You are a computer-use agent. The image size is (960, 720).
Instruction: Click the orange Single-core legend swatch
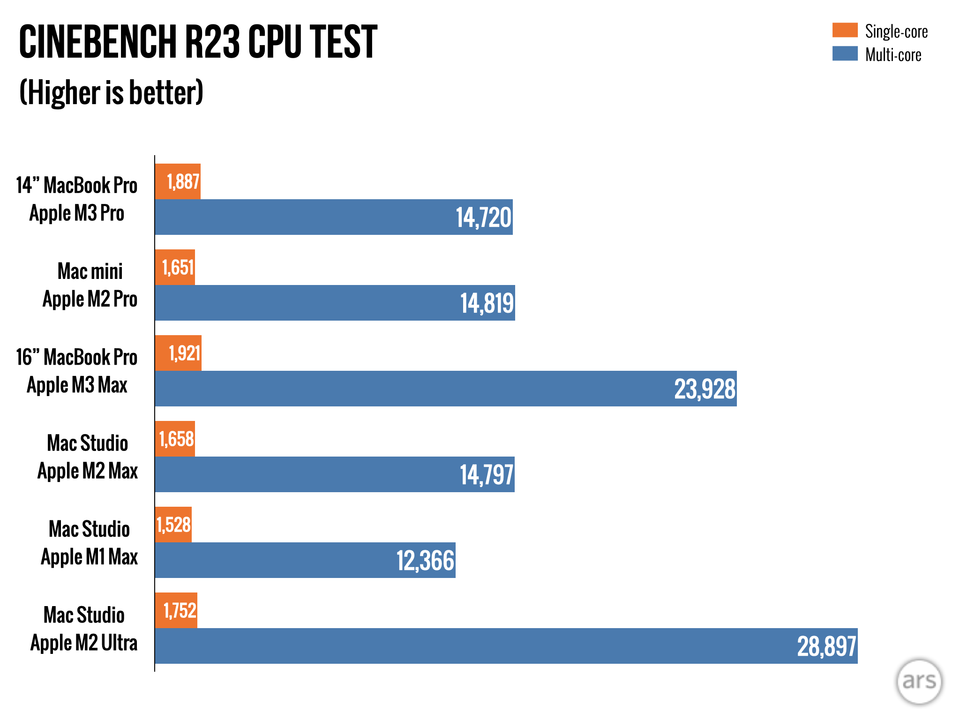coord(845,30)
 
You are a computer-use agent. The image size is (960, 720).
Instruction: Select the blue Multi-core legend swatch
coord(845,53)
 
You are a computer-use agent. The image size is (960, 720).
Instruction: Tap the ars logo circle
coord(919,681)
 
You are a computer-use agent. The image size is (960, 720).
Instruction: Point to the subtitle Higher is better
coord(111,92)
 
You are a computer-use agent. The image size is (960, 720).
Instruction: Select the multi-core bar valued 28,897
coord(506,646)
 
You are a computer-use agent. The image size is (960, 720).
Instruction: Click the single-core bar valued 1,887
coord(178,181)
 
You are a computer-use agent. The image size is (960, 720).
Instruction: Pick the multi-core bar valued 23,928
coord(445,389)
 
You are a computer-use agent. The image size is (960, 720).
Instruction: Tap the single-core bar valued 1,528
coord(173,525)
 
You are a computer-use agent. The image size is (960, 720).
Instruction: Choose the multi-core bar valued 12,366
coord(305,560)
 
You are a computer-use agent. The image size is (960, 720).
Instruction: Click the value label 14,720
coord(483,217)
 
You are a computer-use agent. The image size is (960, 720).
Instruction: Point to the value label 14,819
coord(487,303)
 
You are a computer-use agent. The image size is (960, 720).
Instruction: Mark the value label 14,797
coord(486,475)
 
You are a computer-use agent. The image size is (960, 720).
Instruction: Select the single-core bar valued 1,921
coord(178,353)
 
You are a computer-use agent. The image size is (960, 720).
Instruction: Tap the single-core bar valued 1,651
coord(175,267)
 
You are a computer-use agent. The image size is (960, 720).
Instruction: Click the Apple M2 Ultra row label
coord(84,643)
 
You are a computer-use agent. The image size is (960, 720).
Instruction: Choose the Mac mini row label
coord(90,271)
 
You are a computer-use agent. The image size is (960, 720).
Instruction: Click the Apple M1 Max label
coord(89,557)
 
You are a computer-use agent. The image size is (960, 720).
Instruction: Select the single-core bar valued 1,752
coord(176,610)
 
